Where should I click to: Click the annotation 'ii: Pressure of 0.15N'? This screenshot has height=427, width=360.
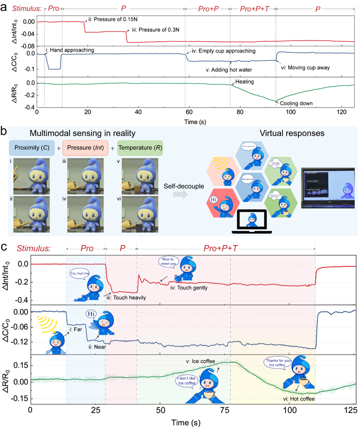coord(112,19)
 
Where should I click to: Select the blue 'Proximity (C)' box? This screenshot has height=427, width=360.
coord(32,148)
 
